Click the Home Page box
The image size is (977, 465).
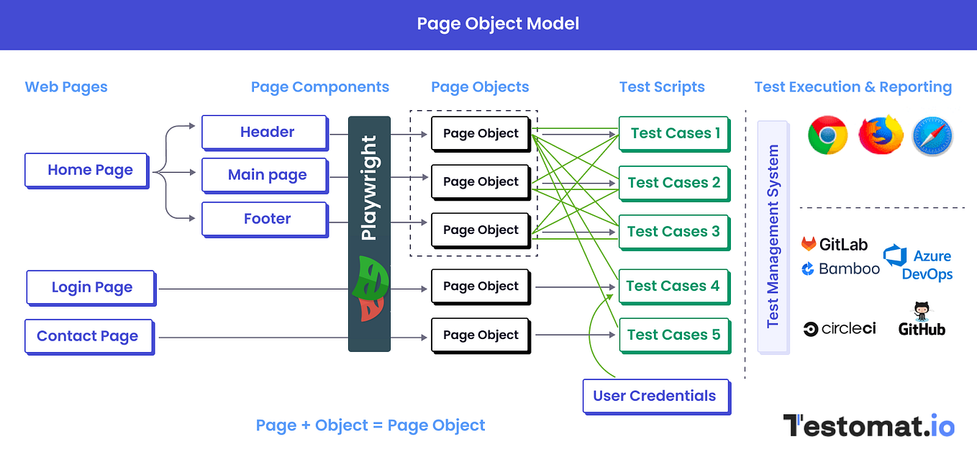(x=87, y=171)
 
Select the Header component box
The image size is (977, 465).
(x=265, y=133)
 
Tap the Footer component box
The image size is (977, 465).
(x=265, y=220)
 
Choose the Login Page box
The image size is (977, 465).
(x=91, y=288)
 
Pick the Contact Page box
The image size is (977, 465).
(x=89, y=337)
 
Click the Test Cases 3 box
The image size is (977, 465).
(x=674, y=232)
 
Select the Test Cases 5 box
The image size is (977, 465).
(x=675, y=336)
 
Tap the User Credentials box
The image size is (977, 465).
(x=656, y=397)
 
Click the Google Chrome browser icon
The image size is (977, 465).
(x=827, y=135)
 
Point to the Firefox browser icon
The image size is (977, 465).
(x=881, y=135)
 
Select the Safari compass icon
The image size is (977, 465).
(x=932, y=136)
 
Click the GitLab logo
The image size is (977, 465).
(x=835, y=244)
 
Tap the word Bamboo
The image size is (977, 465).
(x=849, y=268)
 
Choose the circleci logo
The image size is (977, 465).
(x=839, y=328)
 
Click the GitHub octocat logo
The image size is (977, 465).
(x=922, y=320)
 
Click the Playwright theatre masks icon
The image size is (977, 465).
(x=370, y=289)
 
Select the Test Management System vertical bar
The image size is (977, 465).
(x=773, y=237)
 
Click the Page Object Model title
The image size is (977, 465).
(x=498, y=24)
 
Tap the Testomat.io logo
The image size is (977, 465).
(x=869, y=425)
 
